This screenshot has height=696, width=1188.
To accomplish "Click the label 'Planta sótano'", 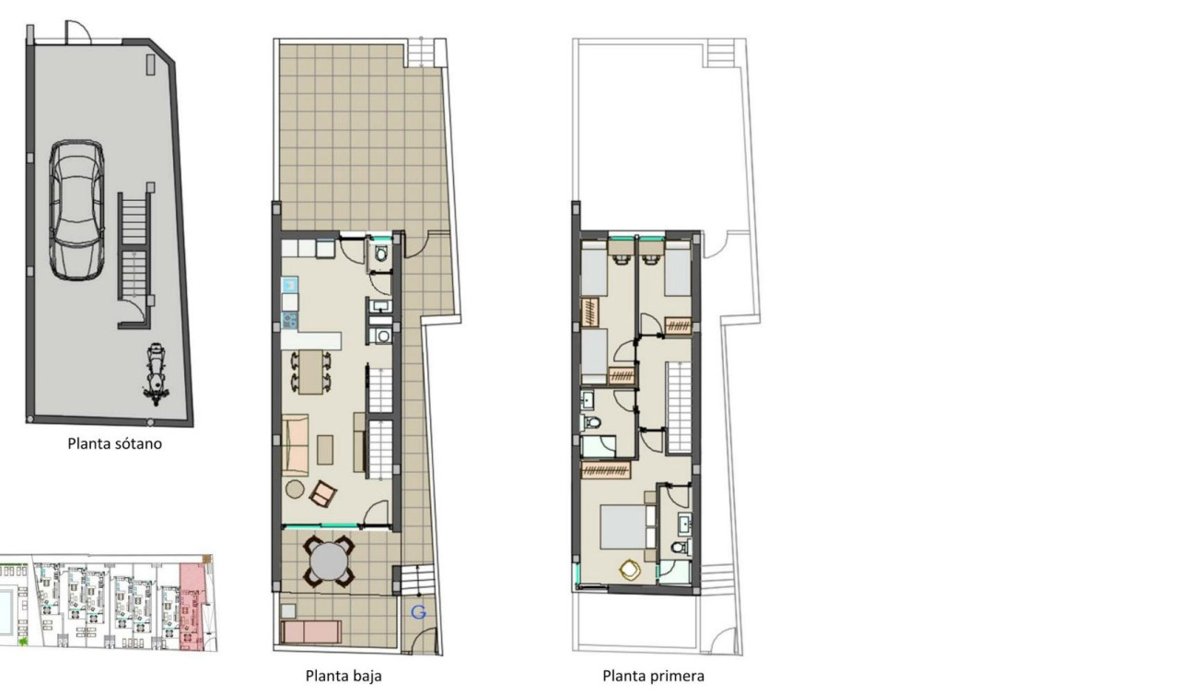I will click(x=115, y=443).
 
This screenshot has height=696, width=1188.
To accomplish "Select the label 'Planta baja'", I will click(x=344, y=676).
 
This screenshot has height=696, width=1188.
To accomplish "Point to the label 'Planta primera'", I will click(x=654, y=676).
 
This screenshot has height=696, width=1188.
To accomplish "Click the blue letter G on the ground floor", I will click(x=419, y=612).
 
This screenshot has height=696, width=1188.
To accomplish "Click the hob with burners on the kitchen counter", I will click(x=289, y=321).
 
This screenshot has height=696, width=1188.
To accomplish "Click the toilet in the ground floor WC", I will click(x=381, y=255).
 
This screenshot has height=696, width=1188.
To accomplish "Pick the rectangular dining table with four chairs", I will click(x=311, y=371).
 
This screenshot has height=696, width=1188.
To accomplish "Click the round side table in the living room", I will click(x=296, y=489).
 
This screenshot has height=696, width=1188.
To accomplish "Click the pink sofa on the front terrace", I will click(x=310, y=631).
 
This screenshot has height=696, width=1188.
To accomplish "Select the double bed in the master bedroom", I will click(x=626, y=526).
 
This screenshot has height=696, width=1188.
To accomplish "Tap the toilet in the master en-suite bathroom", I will click(x=680, y=548).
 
